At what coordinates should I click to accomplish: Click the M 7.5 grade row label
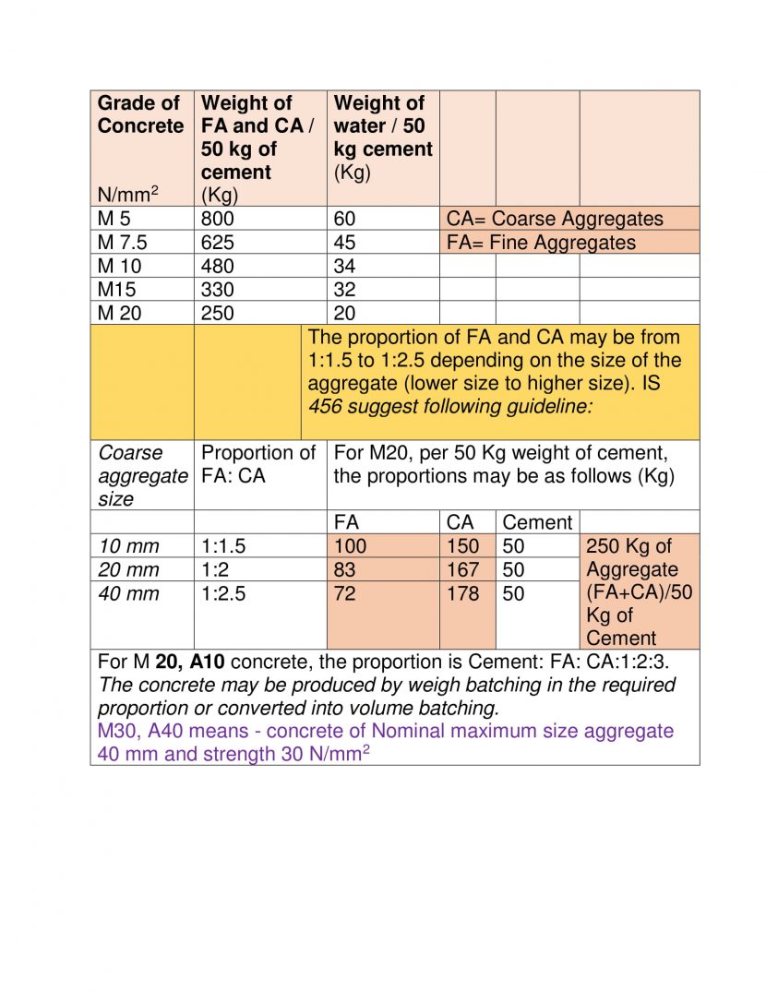123,243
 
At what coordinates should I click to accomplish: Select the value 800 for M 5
218,220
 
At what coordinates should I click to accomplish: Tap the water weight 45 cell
345,243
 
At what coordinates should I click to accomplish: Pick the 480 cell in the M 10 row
218,267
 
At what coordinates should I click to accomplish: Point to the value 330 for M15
218,290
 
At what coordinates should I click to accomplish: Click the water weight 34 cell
345,267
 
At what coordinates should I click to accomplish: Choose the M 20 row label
120,313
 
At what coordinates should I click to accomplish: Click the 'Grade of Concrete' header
140,114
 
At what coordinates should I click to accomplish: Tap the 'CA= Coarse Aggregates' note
555,220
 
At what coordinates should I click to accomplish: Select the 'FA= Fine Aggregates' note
541,243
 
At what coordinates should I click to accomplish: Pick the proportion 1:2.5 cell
223,593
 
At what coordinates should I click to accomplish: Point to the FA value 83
344,570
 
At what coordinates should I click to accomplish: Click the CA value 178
463,593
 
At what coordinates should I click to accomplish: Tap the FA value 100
350,546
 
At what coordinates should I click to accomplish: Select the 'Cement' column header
537,522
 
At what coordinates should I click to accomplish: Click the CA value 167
463,570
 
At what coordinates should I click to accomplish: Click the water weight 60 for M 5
345,220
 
